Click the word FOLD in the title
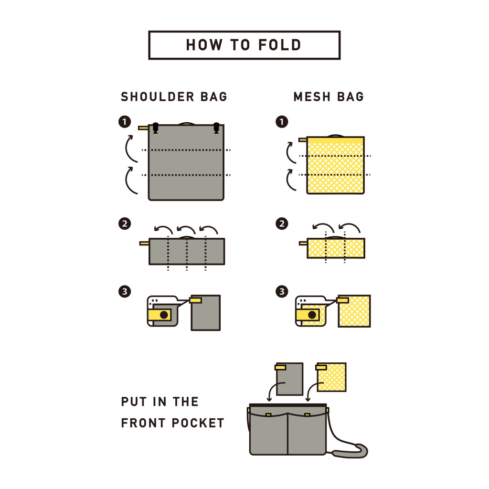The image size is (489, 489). point(280,45)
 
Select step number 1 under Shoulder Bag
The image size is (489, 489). point(124,122)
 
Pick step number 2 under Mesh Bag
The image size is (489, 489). point(282,223)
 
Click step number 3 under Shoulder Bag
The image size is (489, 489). point(124,291)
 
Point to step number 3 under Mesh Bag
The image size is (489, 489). point(282,291)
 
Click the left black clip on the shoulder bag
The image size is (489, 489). point(155,128)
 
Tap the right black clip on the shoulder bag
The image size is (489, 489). point(216,128)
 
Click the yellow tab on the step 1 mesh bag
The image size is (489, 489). point(302,139)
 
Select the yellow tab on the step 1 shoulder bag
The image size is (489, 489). point(143,128)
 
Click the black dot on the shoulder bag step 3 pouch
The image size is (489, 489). point(164,315)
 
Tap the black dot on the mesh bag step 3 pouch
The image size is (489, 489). point(312,315)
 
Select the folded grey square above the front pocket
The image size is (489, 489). point(290,380)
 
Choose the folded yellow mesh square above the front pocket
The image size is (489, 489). point(332,377)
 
